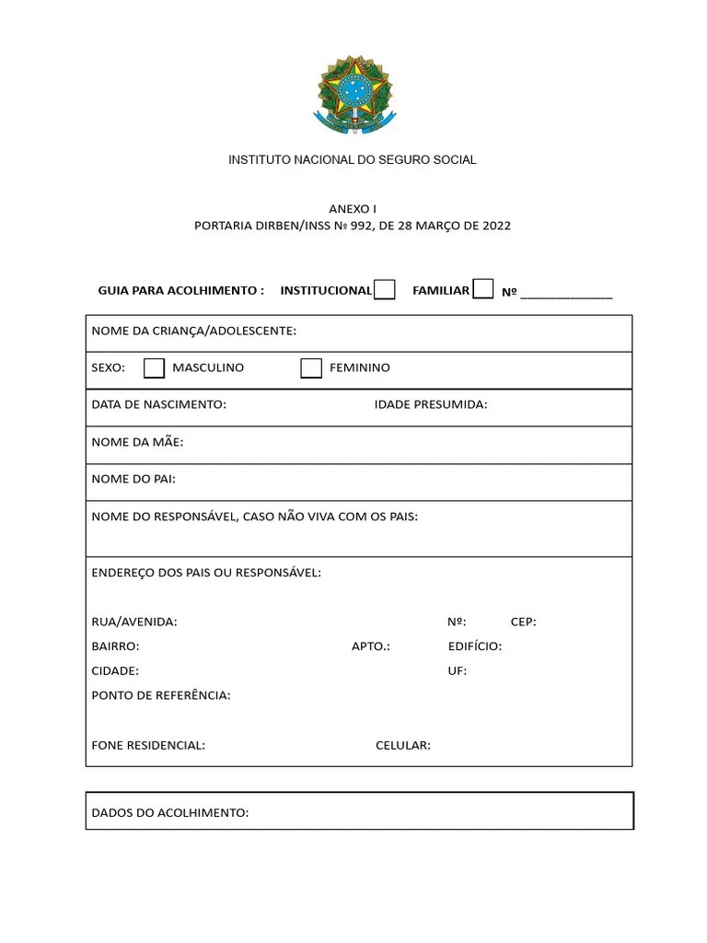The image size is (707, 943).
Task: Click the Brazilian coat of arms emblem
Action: (353, 93)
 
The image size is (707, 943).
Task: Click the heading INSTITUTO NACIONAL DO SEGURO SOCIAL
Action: (353, 160)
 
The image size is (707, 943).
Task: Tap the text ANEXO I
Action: (353, 209)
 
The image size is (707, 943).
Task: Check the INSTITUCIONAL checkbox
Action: (385, 290)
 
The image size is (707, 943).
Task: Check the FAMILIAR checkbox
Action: (482, 289)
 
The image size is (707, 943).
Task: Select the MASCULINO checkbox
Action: (154, 368)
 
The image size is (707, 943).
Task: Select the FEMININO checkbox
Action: (311, 368)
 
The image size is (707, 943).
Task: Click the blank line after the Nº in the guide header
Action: (565, 293)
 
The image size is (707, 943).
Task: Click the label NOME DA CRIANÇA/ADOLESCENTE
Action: (193, 331)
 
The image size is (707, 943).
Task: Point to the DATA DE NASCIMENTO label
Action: (158, 404)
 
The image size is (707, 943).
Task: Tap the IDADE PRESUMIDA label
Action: (431, 404)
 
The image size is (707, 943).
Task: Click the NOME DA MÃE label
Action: (137, 442)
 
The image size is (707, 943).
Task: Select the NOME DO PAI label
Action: (133, 479)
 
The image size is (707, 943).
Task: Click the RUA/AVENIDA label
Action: (134, 622)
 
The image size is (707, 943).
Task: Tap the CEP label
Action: (523, 622)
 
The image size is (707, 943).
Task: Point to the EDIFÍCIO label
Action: (475, 646)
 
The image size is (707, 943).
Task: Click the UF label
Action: (458, 671)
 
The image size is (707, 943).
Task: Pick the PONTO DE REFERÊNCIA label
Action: (161, 695)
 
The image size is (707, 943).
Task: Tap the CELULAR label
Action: (403, 746)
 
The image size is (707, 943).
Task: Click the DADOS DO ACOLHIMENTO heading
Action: (170, 813)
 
